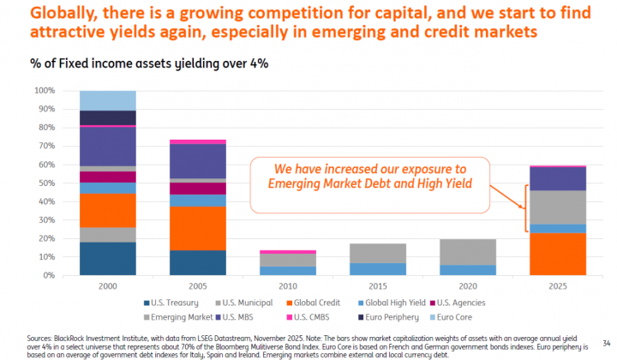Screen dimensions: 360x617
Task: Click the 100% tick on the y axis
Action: [45, 90]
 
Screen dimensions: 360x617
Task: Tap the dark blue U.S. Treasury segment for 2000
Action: [107, 259]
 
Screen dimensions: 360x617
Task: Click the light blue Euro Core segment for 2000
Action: [107, 99]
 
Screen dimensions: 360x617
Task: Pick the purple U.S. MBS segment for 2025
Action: [557, 178]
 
